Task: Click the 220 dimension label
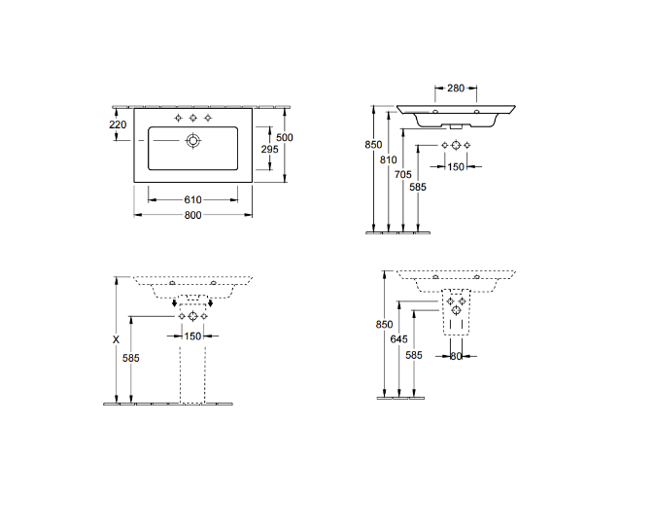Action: point(118,124)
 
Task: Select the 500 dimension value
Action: point(284,138)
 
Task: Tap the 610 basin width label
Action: point(192,199)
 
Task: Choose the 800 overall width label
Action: point(192,215)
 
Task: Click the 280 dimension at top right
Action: point(456,88)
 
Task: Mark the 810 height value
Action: point(389,158)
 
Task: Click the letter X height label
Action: point(116,340)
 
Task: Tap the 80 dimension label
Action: point(455,356)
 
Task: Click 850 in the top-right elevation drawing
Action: point(372,145)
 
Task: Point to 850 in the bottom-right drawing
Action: point(384,324)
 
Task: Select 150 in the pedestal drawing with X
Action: point(193,336)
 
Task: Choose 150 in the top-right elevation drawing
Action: point(455,166)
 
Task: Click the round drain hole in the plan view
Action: point(192,142)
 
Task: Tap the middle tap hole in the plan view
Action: point(192,118)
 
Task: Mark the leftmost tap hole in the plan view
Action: point(178,118)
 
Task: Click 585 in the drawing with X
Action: point(130,358)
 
